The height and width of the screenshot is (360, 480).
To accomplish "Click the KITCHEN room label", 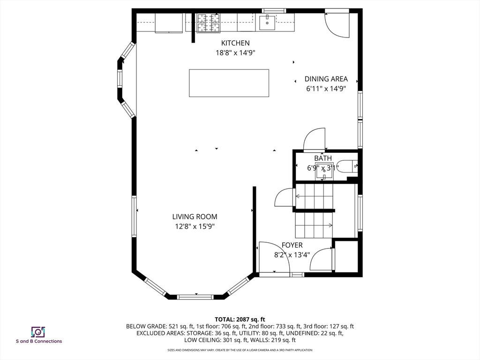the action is (x=235, y=43).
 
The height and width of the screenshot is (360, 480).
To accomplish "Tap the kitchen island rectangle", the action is (x=229, y=83).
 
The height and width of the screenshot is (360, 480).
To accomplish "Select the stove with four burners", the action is (x=208, y=23).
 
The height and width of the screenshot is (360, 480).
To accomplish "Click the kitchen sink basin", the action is (x=267, y=22).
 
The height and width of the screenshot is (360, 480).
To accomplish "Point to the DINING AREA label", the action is (x=326, y=79).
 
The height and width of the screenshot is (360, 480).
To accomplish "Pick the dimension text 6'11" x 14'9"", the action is (x=326, y=89).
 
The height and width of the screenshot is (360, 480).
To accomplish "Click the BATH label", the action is (x=323, y=158).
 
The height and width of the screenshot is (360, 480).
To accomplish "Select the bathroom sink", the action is (x=324, y=171).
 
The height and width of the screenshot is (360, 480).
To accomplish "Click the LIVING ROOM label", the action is (x=195, y=217).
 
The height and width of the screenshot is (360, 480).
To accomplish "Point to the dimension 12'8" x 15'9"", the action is (x=195, y=226).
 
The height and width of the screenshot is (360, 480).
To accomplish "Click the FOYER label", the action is (x=292, y=245).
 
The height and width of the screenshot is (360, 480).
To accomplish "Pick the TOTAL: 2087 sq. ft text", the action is (x=240, y=320).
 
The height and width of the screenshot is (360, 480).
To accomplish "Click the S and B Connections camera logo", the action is (x=38, y=332).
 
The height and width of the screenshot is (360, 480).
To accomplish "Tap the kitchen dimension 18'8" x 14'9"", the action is (x=235, y=52).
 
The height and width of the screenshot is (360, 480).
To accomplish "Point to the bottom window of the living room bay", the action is (x=195, y=297).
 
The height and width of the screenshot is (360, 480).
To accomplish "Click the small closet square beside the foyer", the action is (x=346, y=256).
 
